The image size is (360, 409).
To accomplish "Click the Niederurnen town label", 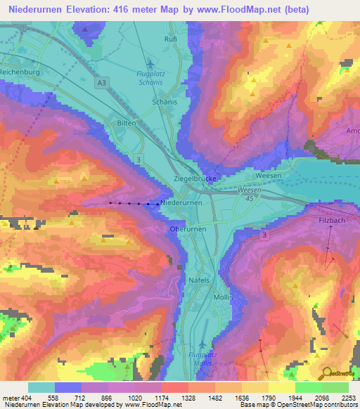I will [x=182, y=202].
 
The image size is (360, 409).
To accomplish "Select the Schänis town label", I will [x=165, y=102].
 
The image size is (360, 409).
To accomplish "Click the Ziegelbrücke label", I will [x=194, y=180].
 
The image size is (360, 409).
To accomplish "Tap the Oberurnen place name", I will [x=187, y=229].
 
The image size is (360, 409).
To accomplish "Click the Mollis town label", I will [x=224, y=297].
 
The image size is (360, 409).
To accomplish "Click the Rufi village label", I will [x=170, y=40].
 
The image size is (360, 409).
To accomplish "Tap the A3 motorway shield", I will [x=103, y=84].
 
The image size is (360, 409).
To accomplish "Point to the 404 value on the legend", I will [x=22, y=397].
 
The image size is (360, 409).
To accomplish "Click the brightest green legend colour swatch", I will [x=308, y=387].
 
